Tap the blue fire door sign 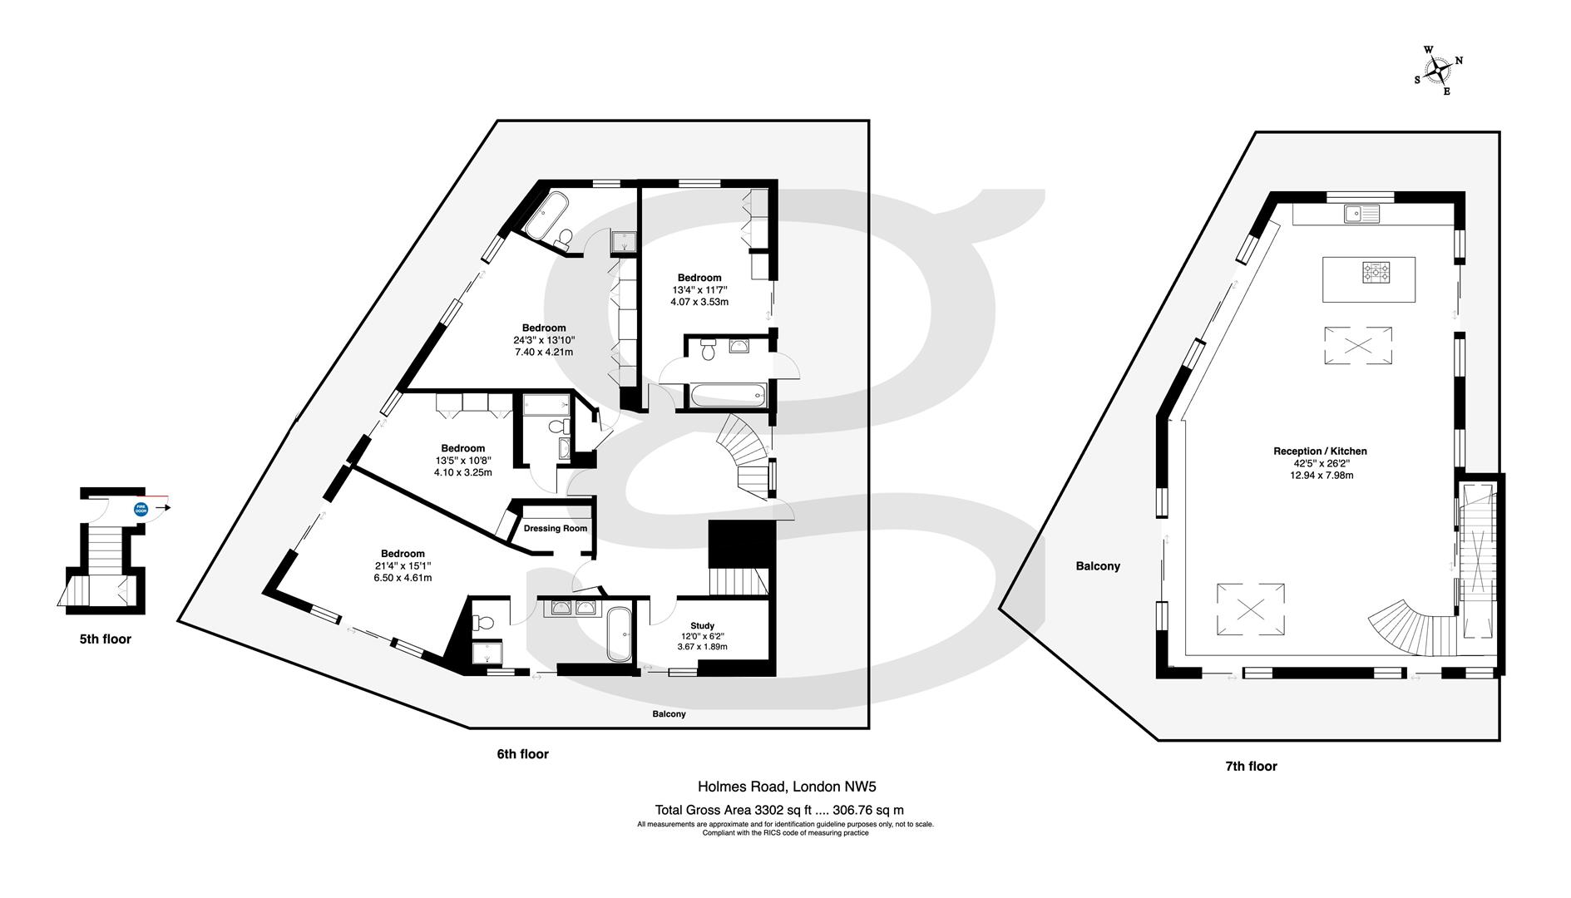(x=141, y=508)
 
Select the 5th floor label (x=106, y=639)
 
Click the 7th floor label (x=1251, y=766)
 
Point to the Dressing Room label (x=555, y=528)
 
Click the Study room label (x=702, y=626)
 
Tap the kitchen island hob (x=1376, y=271)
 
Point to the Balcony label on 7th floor (x=1098, y=566)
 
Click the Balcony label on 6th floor (x=669, y=714)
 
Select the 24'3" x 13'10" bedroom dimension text (x=544, y=340)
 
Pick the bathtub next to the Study (x=618, y=634)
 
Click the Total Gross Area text (x=779, y=810)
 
